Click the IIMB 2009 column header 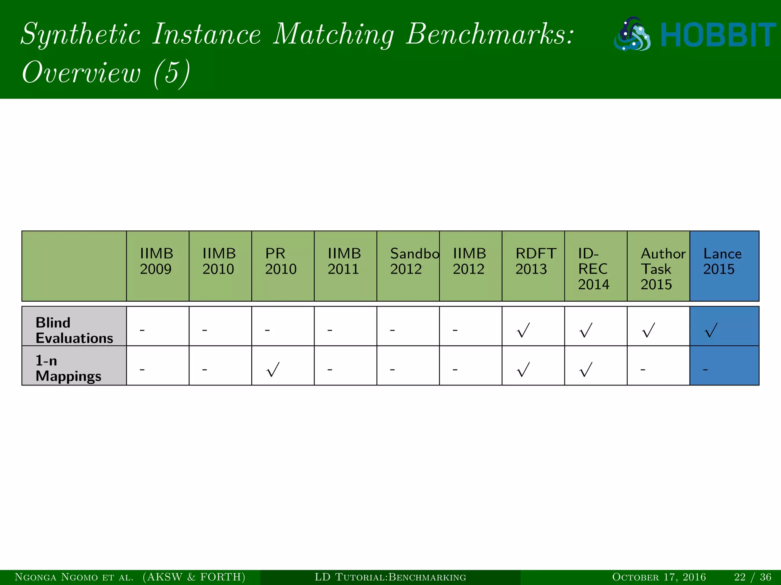click(156, 261)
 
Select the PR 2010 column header click(281, 261)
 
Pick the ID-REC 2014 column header click(593, 269)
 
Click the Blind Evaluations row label click(74, 330)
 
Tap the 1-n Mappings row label click(68, 368)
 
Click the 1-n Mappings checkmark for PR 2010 click(273, 369)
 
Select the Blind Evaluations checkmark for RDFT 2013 click(523, 330)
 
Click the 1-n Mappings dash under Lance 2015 click(705, 369)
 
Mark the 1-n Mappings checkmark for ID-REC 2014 click(586, 369)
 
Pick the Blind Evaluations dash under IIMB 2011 click(330, 330)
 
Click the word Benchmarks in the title click(489, 34)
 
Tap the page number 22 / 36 click(752, 577)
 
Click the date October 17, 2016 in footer click(659, 577)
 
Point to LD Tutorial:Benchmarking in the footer click(390, 577)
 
